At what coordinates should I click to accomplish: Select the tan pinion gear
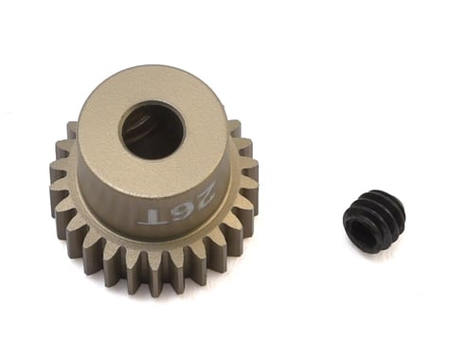tap(152, 180)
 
